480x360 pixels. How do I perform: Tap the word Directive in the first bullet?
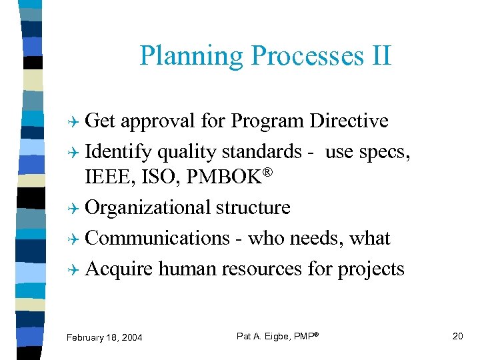349,121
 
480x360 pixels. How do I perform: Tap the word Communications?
157,238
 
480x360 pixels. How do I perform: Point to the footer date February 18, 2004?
104,337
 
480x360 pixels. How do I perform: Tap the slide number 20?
457,336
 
